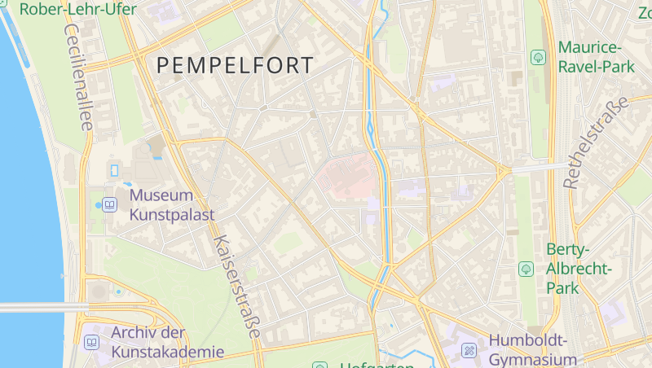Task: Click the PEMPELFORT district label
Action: click(234, 66)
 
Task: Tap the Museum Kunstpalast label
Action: click(171, 205)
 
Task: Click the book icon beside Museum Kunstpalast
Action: click(110, 204)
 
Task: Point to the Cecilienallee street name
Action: click(79, 77)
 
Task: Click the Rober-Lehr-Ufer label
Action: click(77, 10)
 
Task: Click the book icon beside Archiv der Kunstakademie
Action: click(91, 342)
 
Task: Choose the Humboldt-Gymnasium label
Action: click(533, 350)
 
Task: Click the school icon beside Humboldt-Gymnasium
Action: click(469, 351)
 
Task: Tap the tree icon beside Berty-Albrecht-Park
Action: click(526, 268)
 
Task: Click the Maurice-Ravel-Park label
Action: click(596, 57)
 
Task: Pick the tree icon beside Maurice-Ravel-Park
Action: click(538, 57)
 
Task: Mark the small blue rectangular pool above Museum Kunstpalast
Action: click(114, 170)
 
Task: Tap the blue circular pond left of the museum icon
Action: click(98, 204)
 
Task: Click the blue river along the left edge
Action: click(24, 204)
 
